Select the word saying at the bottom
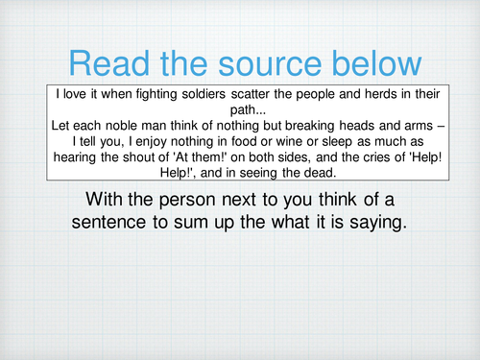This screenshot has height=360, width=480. pyautogui.click(x=368, y=222)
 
